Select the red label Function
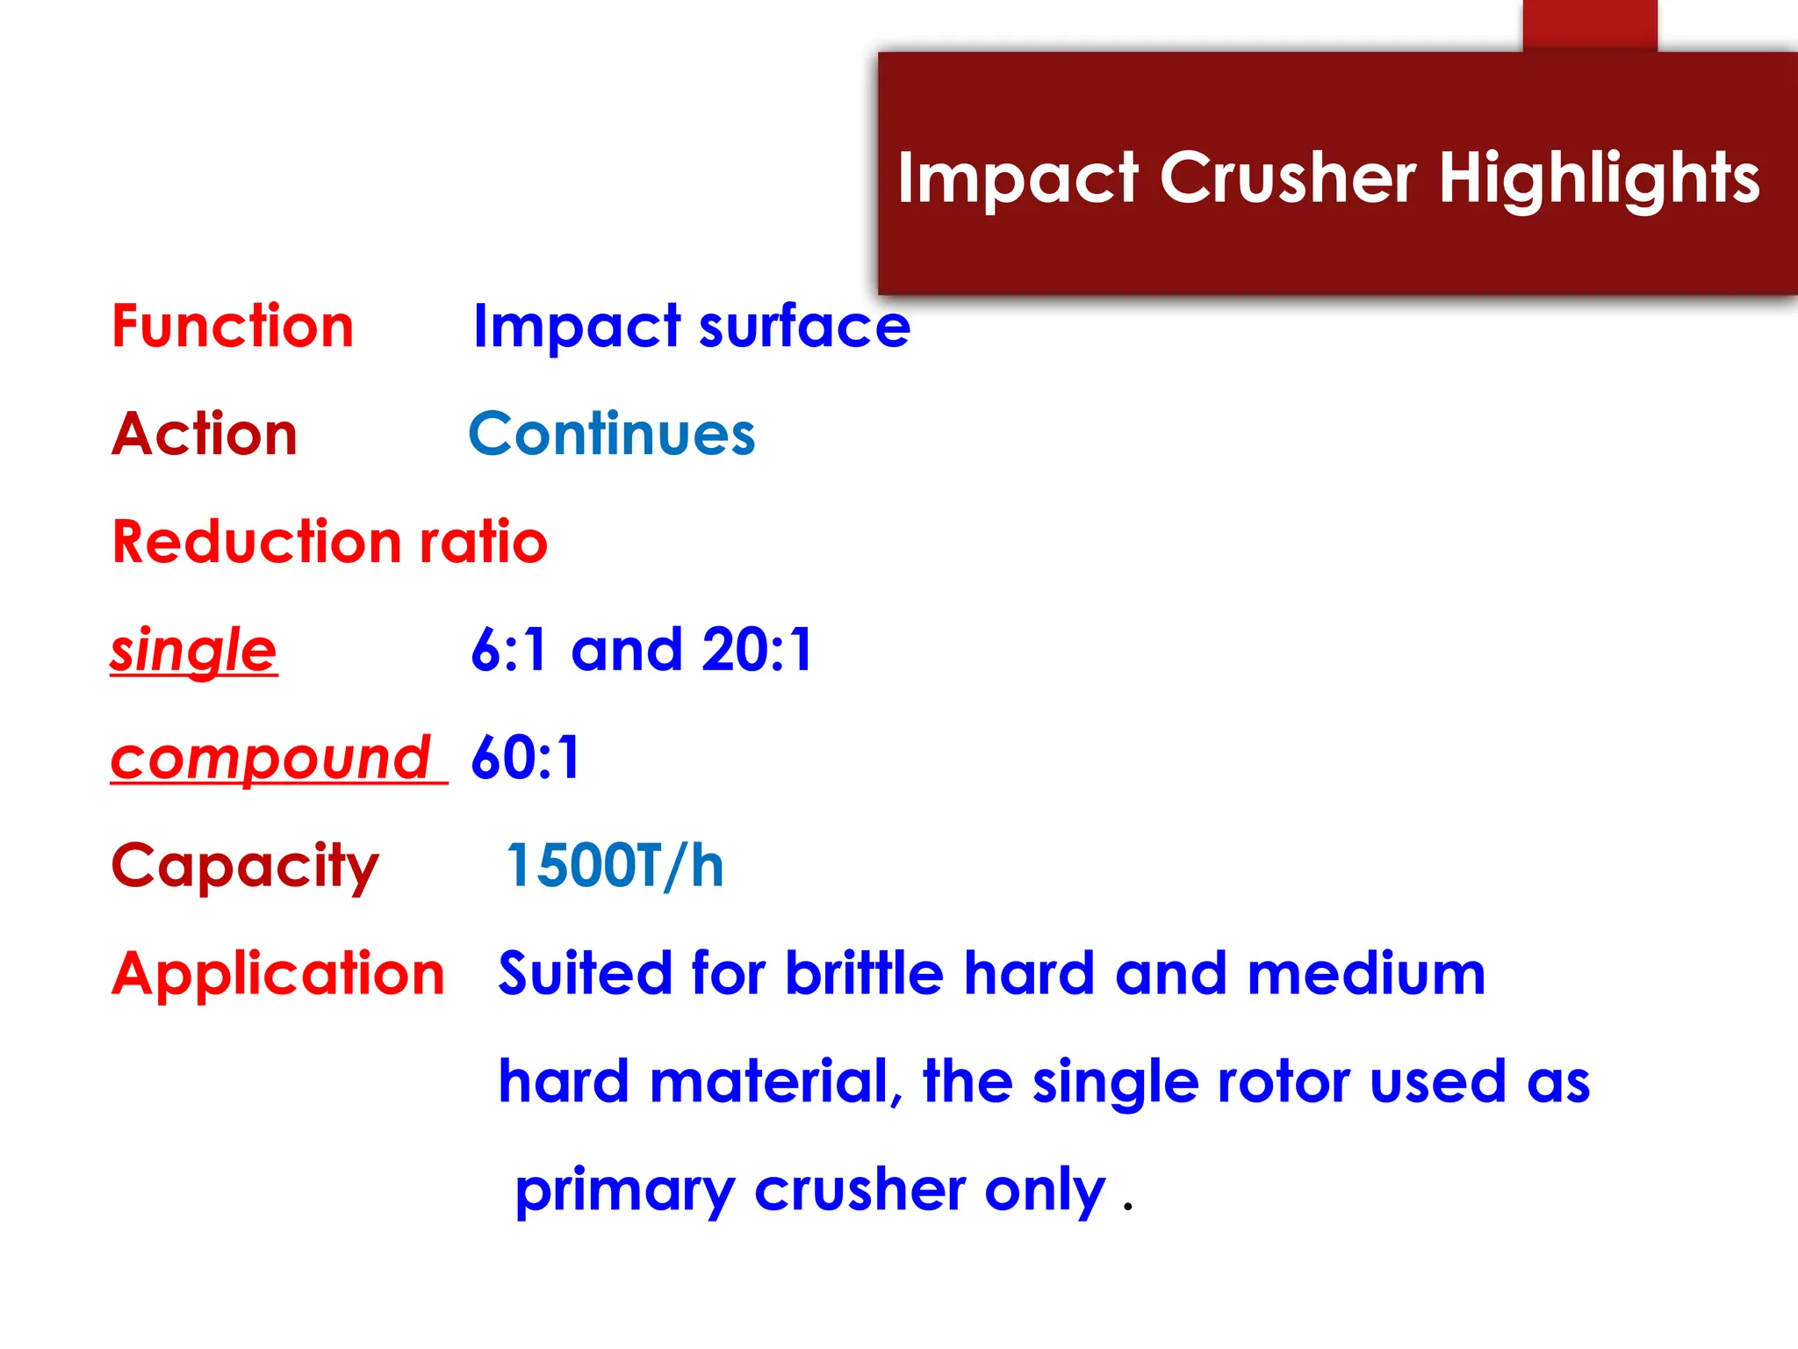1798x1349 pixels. click(233, 327)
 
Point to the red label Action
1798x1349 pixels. click(205, 434)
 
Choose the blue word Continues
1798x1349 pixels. click(612, 434)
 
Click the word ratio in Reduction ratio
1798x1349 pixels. click(483, 542)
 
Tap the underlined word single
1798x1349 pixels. click(194, 651)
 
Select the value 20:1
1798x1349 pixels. click(758, 651)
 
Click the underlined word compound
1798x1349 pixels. click(271, 758)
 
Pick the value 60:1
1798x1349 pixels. click(526, 758)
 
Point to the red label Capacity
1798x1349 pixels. click(245, 867)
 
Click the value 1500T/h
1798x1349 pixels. click(615, 866)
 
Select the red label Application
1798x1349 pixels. click(278, 974)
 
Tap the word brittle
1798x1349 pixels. click(864, 974)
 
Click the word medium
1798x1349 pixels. click(1366, 974)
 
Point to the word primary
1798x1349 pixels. click(625, 1192)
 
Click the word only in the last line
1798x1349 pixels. click(1045, 1192)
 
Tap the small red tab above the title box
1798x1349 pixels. click(1590, 25)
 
